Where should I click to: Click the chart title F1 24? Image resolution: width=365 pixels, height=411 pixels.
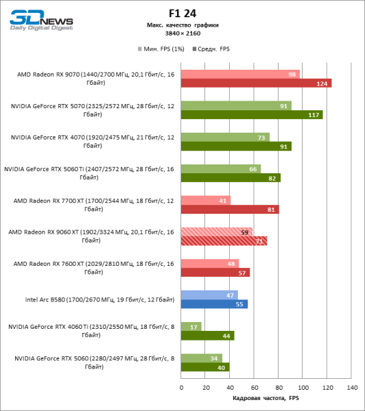click(182, 12)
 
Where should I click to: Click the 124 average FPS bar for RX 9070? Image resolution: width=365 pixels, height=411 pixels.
click(256, 83)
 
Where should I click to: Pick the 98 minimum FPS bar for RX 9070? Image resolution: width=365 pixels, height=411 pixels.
click(240, 74)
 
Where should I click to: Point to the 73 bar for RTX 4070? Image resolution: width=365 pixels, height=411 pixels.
click(225, 137)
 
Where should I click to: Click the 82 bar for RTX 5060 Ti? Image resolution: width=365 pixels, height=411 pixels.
click(231, 177)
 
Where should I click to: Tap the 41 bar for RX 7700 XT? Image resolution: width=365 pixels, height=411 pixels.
click(206, 200)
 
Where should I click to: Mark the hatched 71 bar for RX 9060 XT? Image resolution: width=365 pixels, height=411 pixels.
click(224, 240)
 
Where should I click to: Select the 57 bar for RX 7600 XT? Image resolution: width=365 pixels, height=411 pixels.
click(215, 272)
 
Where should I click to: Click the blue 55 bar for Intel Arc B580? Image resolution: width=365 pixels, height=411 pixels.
click(214, 303)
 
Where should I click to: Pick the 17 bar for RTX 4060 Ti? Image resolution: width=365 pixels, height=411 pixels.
click(191, 326)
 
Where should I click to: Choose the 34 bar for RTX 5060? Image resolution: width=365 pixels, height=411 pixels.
click(202, 358)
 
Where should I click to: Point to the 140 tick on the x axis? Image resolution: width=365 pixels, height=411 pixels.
click(352, 388)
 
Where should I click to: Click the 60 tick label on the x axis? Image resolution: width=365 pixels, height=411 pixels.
click(254, 388)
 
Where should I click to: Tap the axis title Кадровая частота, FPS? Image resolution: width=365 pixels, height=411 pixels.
click(266, 398)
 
